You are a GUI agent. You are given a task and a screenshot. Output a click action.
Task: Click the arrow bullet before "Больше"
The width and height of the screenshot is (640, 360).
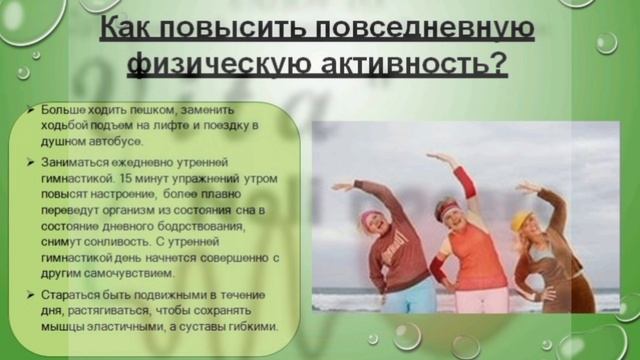click(33, 107)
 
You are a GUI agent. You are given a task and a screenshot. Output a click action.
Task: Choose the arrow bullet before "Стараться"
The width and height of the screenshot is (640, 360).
click(33, 294)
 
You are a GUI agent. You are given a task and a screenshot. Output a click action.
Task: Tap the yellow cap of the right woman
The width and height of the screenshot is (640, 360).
click(522, 218)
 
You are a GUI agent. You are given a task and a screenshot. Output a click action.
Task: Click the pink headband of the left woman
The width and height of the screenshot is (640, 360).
click(371, 215)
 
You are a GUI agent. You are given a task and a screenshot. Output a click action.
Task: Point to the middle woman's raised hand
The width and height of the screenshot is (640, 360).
click(431, 158)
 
